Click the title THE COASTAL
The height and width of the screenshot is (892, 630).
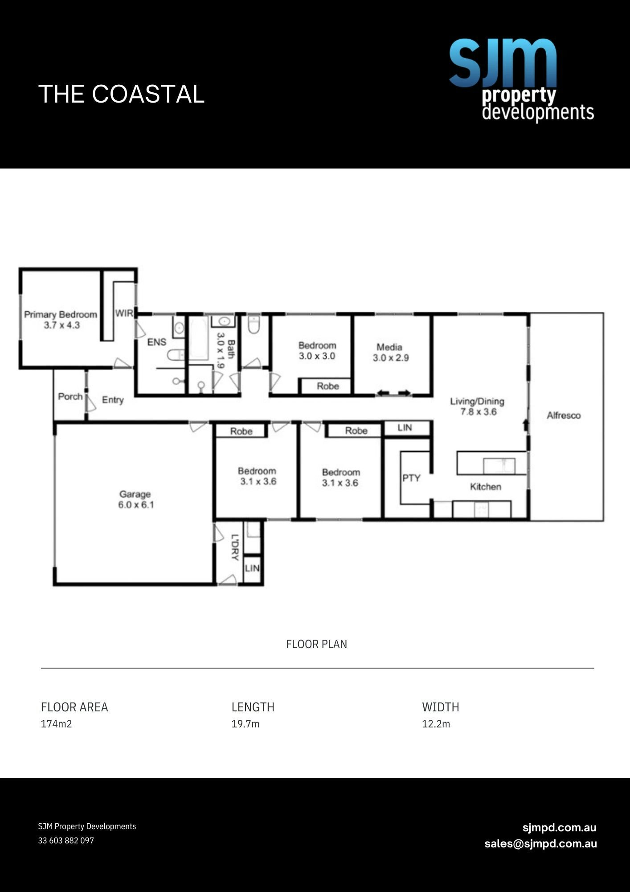pyautogui.click(x=121, y=94)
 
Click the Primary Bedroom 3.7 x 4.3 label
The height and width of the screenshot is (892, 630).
pyautogui.click(x=61, y=320)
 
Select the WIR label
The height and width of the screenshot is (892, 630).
pyautogui.click(x=124, y=313)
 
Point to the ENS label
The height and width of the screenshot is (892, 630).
pyautogui.click(x=156, y=342)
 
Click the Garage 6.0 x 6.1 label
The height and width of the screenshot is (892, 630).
pyautogui.click(x=135, y=500)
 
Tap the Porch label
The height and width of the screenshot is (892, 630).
pyautogui.click(x=70, y=396)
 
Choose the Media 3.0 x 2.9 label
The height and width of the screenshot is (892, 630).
pyautogui.click(x=390, y=352)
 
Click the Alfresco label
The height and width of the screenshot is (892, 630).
pyautogui.click(x=564, y=416)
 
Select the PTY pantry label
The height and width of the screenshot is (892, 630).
pyautogui.click(x=411, y=478)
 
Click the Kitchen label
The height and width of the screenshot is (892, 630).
pyautogui.click(x=485, y=487)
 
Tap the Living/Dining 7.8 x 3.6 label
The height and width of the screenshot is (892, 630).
pyautogui.click(x=478, y=406)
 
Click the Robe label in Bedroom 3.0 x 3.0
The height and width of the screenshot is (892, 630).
pyautogui.click(x=327, y=386)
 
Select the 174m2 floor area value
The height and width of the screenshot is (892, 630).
pyautogui.click(x=56, y=724)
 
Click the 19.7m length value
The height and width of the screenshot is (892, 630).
pyautogui.click(x=245, y=724)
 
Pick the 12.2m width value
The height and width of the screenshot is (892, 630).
pyautogui.click(x=436, y=724)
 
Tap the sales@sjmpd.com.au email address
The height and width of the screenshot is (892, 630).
pyautogui.click(x=540, y=844)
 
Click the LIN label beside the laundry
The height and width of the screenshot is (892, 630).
pyautogui.click(x=252, y=568)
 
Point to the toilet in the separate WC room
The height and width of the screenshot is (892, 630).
pyautogui.click(x=254, y=325)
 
